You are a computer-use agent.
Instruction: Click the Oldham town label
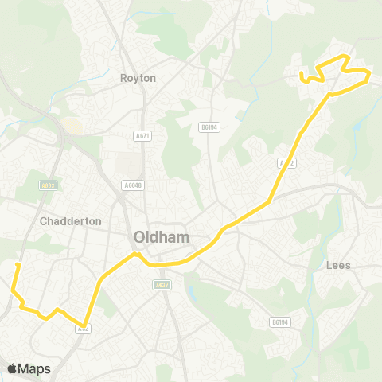click(162, 236)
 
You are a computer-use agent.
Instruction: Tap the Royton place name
click(138, 78)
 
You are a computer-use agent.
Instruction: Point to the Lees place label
click(339, 265)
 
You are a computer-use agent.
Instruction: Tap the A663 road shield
click(49, 185)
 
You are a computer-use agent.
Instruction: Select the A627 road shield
click(162, 284)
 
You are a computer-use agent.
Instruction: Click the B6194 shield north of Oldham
click(209, 127)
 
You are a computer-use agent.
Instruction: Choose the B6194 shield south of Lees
click(278, 322)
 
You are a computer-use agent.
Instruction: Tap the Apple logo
click(13, 368)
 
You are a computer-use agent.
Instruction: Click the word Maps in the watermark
click(35, 368)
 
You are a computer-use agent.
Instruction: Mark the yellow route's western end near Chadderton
click(17, 263)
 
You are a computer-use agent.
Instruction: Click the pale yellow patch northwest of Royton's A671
click(72, 126)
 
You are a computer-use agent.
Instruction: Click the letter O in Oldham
click(141, 236)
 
